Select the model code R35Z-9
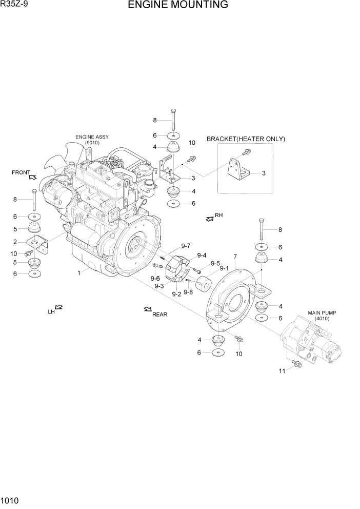click(x=14, y=5)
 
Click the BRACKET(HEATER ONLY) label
click(x=246, y=139)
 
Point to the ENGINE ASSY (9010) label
click(x=92, y=140)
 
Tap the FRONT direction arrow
click(x=33, y=177)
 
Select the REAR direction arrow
click(x=148, y=309)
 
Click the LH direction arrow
click(x=58, y=307)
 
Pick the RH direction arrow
click(x=209, y=219)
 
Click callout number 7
click(x=235, y=256)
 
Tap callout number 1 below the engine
click(x=79, y=273)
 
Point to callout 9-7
click(x=185, y=246)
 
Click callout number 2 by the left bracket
click(x=15, y=242)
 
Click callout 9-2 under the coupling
click(x=176, y=294)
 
